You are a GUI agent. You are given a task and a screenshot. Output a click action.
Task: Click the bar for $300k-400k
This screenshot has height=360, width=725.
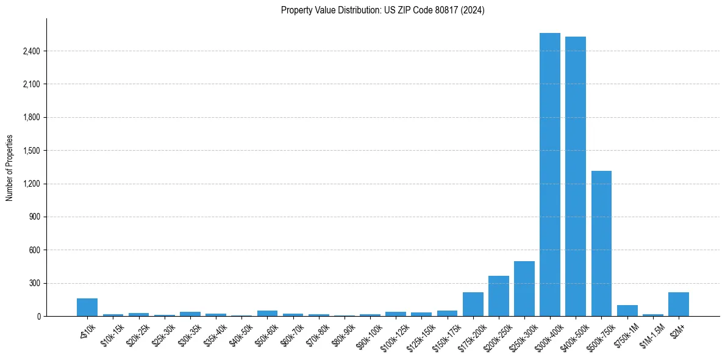(x=550, y=175)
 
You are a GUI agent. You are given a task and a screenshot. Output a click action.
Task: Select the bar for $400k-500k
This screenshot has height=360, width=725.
(x=576, y=176)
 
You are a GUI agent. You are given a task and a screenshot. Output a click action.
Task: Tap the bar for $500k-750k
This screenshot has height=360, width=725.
(x=601, y=243)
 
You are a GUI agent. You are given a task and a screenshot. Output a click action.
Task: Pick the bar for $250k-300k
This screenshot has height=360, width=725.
(x=524, y=289)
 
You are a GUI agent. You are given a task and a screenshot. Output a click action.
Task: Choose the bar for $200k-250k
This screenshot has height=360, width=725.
(x=499, y=296)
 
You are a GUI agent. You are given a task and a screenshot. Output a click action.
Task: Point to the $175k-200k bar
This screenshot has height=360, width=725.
(x=473, y=304)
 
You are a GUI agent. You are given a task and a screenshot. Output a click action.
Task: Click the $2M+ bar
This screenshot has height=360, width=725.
(x=679, y=304)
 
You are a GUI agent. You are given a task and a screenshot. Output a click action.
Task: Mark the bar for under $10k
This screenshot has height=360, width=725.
(x=87, y=308)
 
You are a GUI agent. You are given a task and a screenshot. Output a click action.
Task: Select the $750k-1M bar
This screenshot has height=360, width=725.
(x=627, y=311)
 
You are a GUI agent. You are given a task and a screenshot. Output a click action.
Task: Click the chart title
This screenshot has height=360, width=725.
(x=383, y=10)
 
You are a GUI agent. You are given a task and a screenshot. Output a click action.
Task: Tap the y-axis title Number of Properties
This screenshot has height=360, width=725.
(x=10, y=168)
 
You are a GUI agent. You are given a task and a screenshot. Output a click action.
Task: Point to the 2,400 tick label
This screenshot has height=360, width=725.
(x=31, y=51)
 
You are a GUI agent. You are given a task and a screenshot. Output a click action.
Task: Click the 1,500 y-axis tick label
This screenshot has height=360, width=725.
(x=31, y=151)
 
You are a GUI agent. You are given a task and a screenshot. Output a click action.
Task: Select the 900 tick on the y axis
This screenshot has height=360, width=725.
(x=35, y=217)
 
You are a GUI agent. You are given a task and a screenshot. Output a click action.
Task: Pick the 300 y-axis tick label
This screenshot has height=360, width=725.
(x=35, y=284)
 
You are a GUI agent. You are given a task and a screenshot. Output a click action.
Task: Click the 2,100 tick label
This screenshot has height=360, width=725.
(x=31, y=84)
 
